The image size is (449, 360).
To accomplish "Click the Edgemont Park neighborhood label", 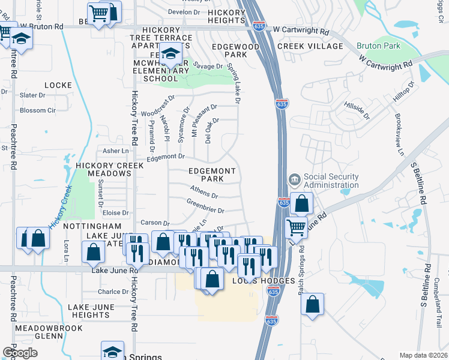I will pyautogui.click(x=212, y=175).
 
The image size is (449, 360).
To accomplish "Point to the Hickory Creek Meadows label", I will pyautogui.click(x=103, y=169).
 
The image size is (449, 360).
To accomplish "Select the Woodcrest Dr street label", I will pyautogui.click(x=157, y=106).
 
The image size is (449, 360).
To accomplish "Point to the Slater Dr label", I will pyautogui.click(x=33, y=95).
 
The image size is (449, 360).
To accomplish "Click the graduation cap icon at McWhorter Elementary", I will pyautogui.click(x=170, y=54).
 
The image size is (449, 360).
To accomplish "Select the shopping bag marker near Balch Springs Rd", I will pyautogui.click(x=312, y=305).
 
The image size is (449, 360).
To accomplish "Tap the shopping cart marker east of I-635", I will pyautogui.click(x=296, y=227).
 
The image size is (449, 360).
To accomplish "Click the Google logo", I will pyautogui.click(x=20, y=353).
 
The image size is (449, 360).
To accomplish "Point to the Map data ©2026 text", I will pyautogui.click(x=424, y=355).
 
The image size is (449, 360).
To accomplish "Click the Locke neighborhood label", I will pyautogui.click(x=58, y=86).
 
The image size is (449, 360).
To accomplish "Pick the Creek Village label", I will pyautogui.click(x=309, y=46).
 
